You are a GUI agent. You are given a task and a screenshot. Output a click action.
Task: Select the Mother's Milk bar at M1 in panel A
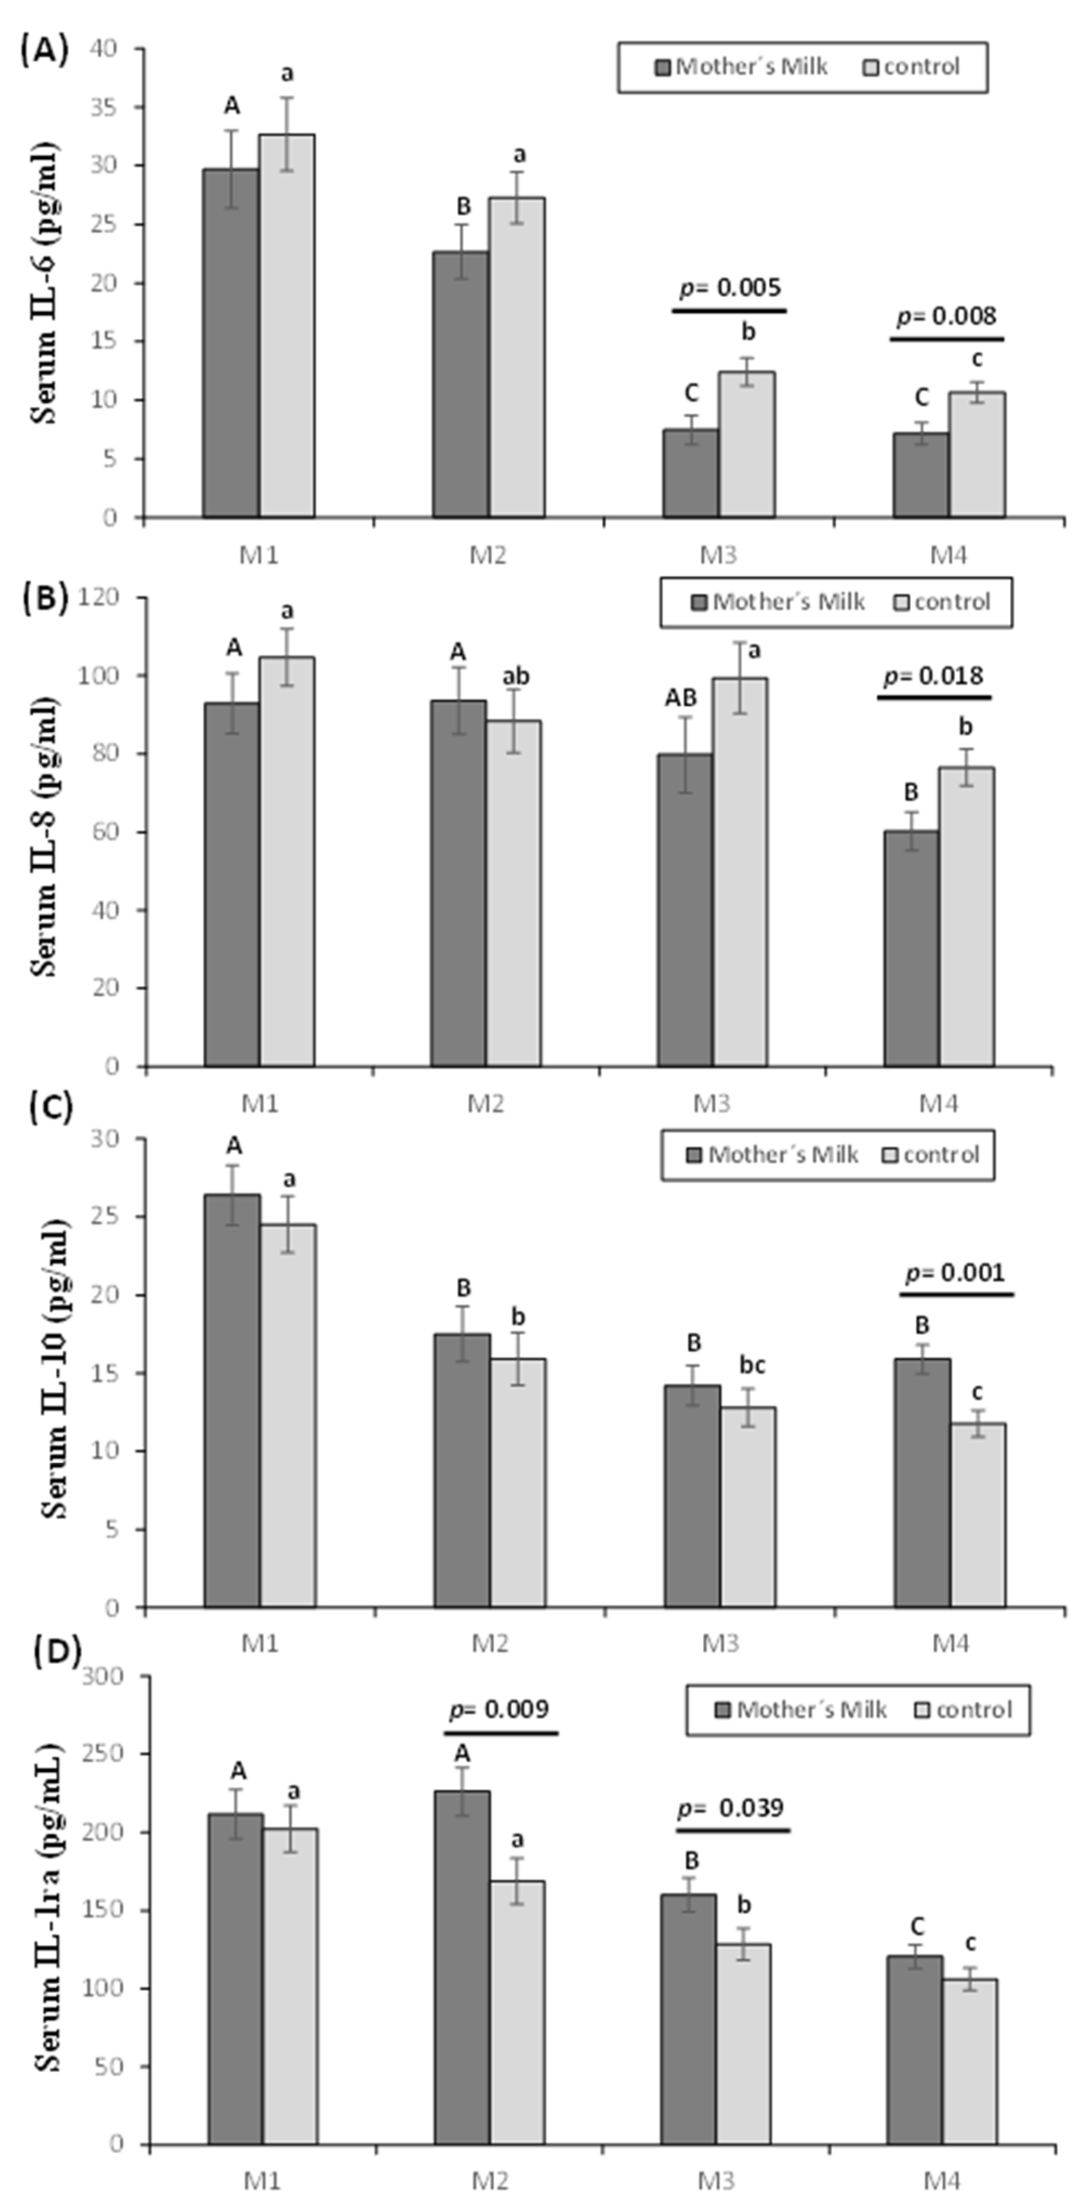point(231,343)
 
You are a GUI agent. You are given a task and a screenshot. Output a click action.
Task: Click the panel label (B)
point(47,597)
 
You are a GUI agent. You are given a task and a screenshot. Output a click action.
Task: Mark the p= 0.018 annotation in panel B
point(933,676)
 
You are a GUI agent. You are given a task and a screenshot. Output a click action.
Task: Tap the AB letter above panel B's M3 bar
point(681,699)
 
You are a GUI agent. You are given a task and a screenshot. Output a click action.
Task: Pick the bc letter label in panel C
point(751,1365)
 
